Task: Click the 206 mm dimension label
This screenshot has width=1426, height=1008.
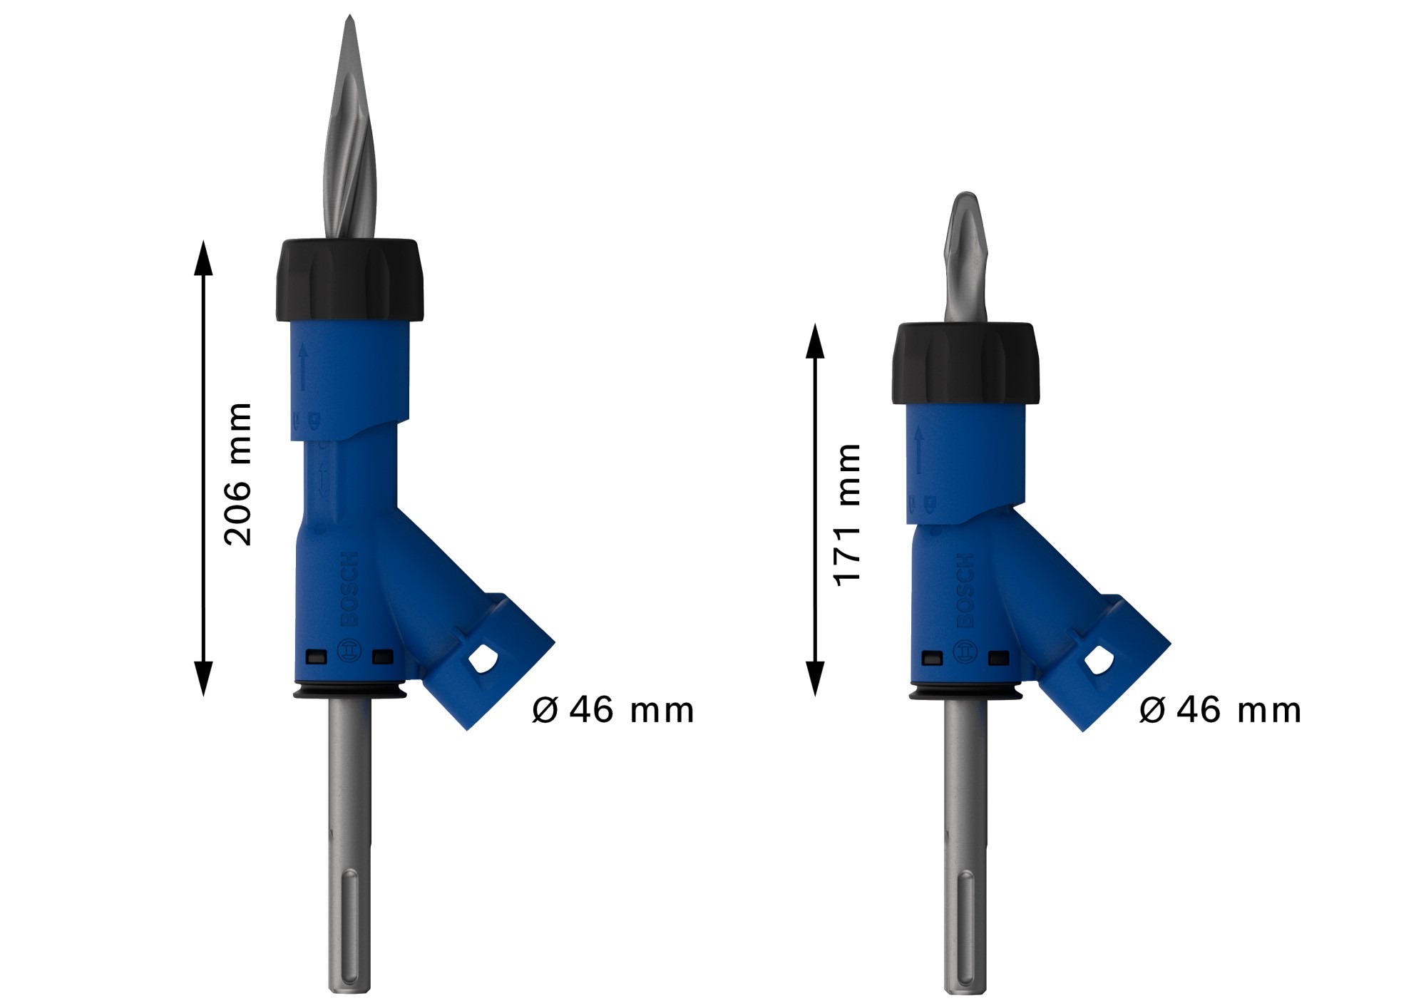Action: click(x=238, y=475)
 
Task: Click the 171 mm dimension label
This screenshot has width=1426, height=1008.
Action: click(x=848, y=515)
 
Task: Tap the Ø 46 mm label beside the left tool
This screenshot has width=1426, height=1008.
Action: click(x=612, y=710)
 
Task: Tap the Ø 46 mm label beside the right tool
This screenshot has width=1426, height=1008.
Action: click(x=1220, y=710)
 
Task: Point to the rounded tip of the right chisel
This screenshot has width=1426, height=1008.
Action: click(x=965, y=196)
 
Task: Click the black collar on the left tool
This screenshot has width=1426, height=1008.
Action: click(x=349, y=279)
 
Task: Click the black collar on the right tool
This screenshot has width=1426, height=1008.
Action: click(x=965, y=364)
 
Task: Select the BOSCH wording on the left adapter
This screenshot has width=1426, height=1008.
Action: click(x=349, y=589)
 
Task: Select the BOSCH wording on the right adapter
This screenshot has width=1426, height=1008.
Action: click(x=965, y=591)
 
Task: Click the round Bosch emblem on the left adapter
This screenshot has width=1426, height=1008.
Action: click(x=348, y=652)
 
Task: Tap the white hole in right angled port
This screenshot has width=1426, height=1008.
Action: click(x=1099, y=659)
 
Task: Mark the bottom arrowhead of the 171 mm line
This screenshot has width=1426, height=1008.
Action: click(x=814, y=681)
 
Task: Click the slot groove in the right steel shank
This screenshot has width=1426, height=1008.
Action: click(x=965, y=930)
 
